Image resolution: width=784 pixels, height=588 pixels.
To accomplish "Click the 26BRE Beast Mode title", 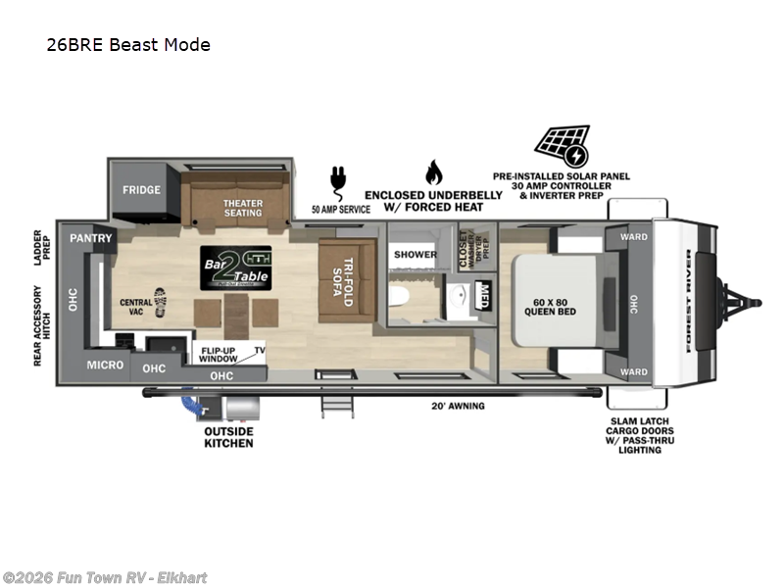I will tap(127, 44).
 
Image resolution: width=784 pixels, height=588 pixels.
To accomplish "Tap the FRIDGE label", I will tap(141, 190).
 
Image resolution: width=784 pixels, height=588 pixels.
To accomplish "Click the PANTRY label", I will tap(91, 238).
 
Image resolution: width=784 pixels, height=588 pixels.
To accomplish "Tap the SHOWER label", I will tap(416, 255).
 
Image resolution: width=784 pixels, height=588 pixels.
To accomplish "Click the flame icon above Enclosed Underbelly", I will tap(433, 172).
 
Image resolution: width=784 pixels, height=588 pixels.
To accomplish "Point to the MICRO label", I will tap(106, 365).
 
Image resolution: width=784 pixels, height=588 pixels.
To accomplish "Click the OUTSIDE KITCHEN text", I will tap(228, 437).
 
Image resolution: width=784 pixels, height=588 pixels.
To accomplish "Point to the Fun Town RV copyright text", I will tap(105, 578).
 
